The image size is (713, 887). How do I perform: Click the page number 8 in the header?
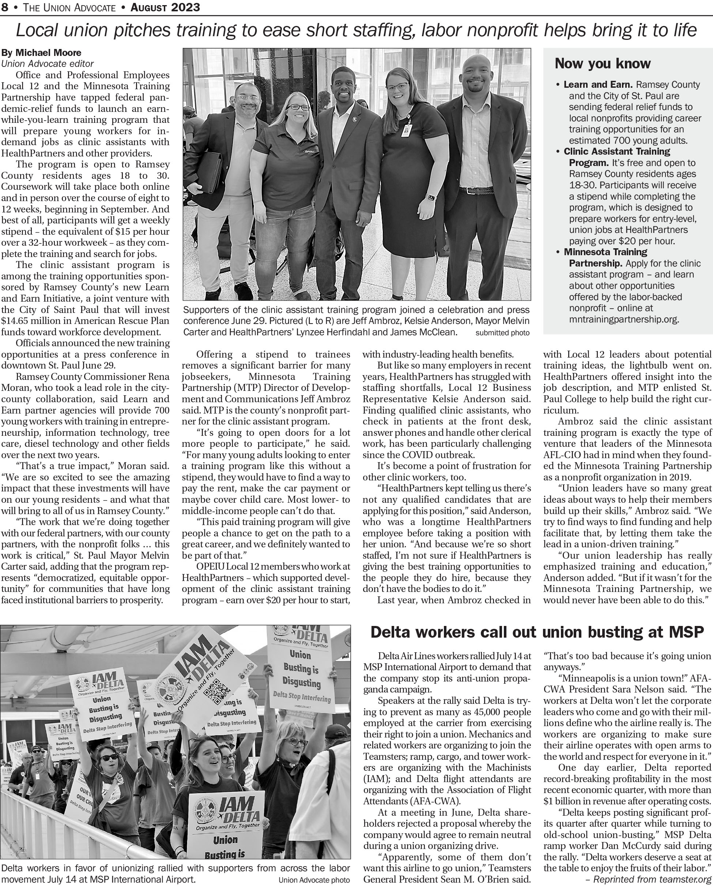[x=4, y=7]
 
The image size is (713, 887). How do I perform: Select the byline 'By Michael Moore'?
[x=42, y=53]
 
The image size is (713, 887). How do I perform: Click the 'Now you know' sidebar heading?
[x=602, y=64]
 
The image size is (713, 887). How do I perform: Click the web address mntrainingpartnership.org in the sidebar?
[x=624, y=319]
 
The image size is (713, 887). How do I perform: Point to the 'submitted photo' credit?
[x=502, y=333]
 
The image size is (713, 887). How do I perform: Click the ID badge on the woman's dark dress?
[x=407, y=130]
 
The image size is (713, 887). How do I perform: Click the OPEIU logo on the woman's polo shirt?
[x=309, y=151]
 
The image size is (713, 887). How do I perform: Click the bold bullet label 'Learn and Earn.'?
[x=597, y=85]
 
